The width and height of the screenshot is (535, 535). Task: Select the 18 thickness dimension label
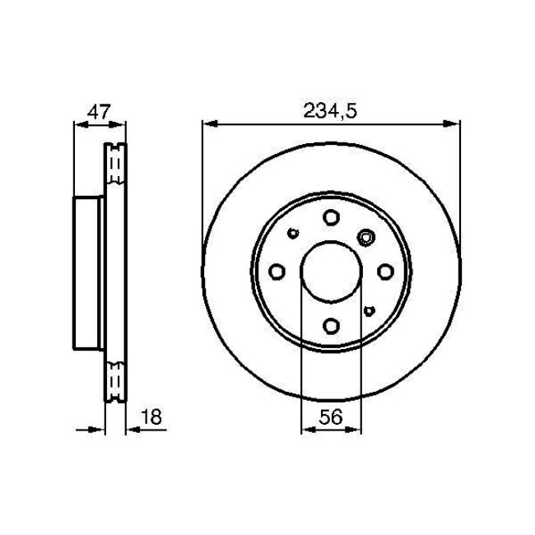point(151,418)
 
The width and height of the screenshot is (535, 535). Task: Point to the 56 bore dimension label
point(332,418)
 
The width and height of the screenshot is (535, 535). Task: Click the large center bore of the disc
point(331,272)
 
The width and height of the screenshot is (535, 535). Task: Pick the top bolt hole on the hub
point(331,218)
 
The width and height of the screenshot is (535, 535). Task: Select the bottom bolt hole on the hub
point(331,325)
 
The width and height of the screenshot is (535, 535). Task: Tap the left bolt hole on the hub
point(277,272)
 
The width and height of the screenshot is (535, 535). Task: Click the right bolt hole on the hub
point(384,272)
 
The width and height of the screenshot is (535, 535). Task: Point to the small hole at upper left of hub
point(293,233)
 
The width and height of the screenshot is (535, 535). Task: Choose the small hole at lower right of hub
point(370,310)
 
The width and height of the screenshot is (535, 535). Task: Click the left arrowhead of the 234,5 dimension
point(208,124)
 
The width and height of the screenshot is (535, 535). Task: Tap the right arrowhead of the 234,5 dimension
point(454,124)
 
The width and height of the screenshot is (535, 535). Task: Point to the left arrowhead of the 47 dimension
point(79,124)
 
